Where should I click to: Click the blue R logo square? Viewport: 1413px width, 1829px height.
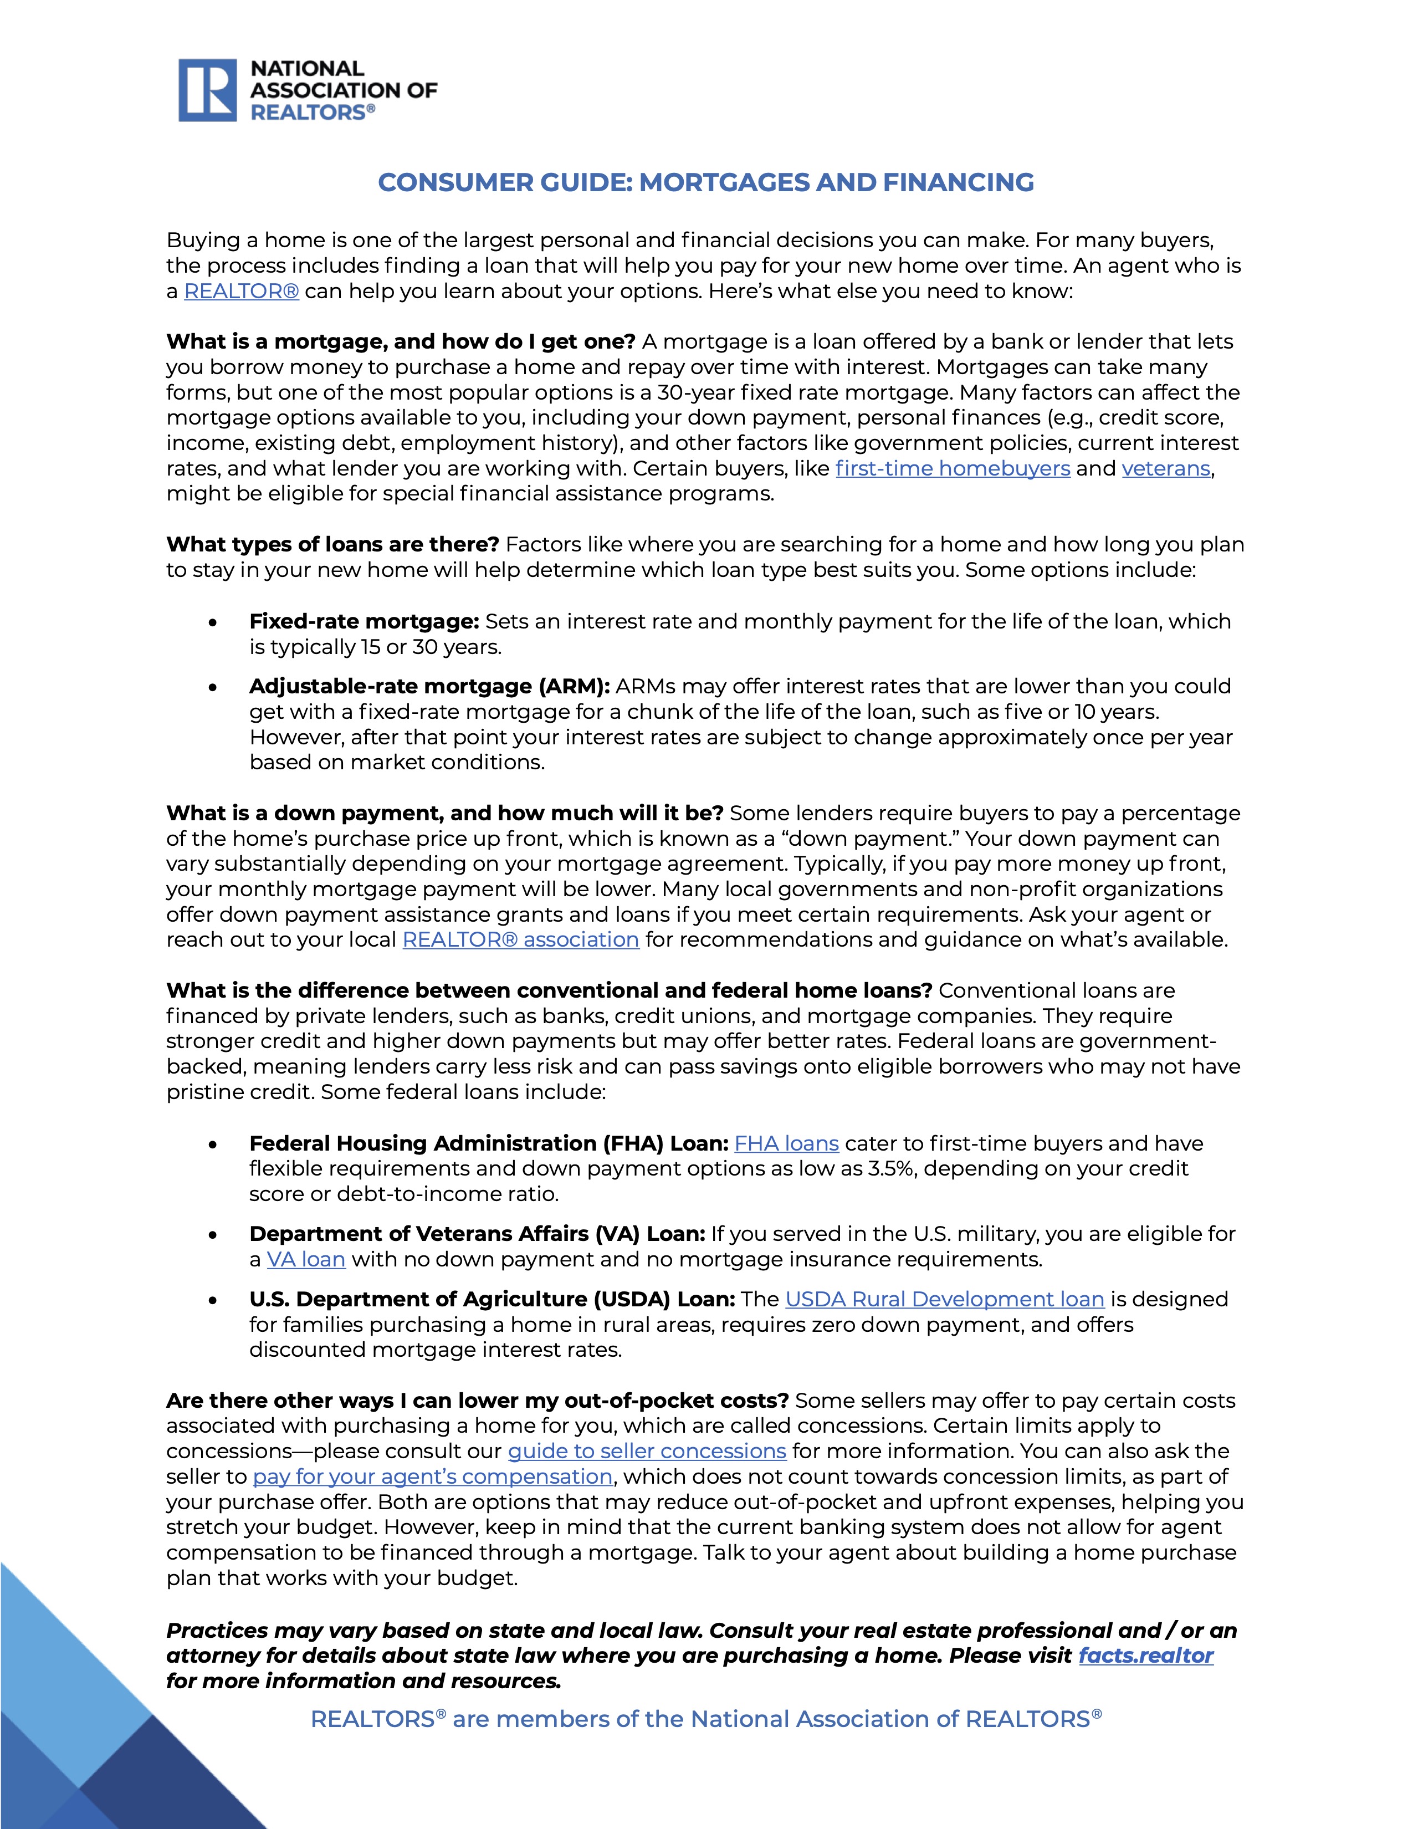[208, 90]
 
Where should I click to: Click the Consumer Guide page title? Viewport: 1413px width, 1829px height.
[705, 182]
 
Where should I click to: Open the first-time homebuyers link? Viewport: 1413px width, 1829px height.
[953, 468]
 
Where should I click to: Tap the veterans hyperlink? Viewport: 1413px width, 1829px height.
[1165, 468]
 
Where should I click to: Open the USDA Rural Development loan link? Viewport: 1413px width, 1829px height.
[944, 1299]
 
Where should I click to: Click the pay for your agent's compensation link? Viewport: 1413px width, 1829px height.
[433, 1477]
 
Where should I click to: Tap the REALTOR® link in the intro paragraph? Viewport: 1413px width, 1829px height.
[241, 292]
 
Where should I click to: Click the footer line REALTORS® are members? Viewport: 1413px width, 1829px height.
[705, 1719]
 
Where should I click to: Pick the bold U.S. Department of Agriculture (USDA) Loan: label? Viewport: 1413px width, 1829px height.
[492, 1299]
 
